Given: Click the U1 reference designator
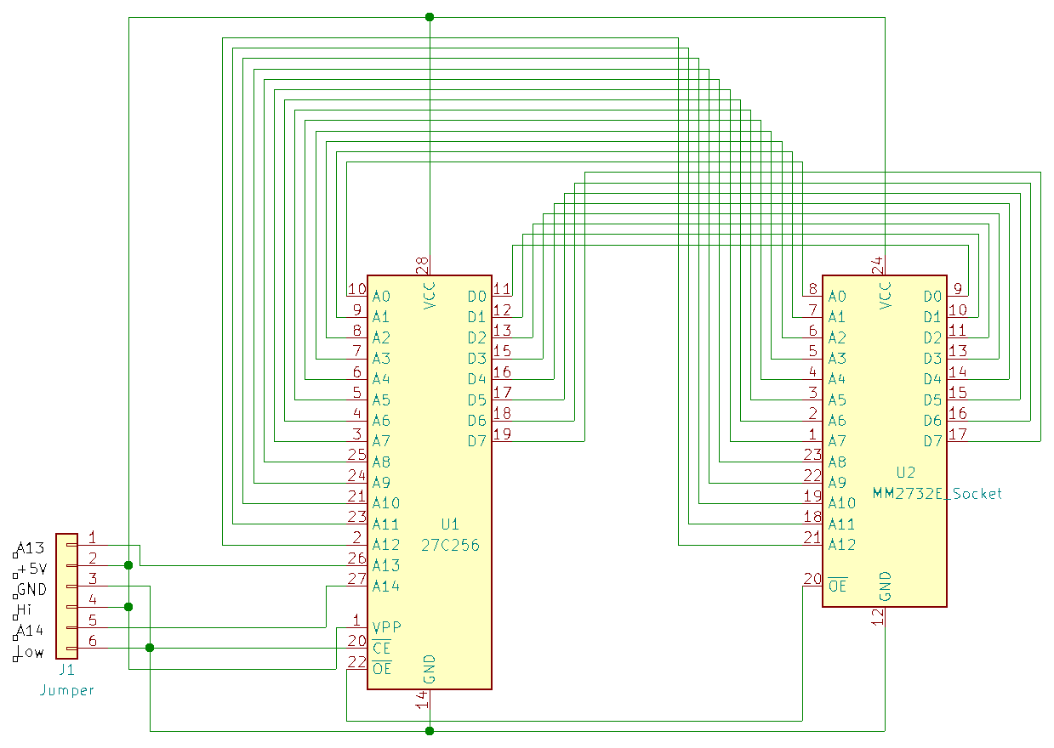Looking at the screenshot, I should [x=450, y=524].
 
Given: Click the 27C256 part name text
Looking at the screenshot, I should [x=450, y=545].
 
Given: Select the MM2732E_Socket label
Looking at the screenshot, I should [x=937, y=493].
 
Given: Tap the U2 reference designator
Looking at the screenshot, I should [x=906, y=473].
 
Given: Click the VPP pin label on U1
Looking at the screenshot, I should [x=387, y=627].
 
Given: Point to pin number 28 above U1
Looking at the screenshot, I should [x=423, y=266].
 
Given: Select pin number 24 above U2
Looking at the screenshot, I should [x=878, y=266].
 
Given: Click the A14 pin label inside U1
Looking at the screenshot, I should [x=385, y=586].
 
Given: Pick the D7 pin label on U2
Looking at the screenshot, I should [x=933, y=440].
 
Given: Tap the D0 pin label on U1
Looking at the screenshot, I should [x=476, y=296].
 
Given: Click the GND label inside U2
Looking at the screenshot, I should [x=885, y=586].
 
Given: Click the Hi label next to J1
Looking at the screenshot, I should [x=27, y=609].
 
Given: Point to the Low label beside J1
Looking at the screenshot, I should [x=31, y=653].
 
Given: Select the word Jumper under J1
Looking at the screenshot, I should [x=66, y=690].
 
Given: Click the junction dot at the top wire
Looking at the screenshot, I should [x=429, y=17].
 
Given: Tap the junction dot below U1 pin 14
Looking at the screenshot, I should [x=429, y=730].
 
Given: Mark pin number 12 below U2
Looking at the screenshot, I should [x=877, y=618].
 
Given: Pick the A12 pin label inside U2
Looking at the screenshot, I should [x=842, y=544].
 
